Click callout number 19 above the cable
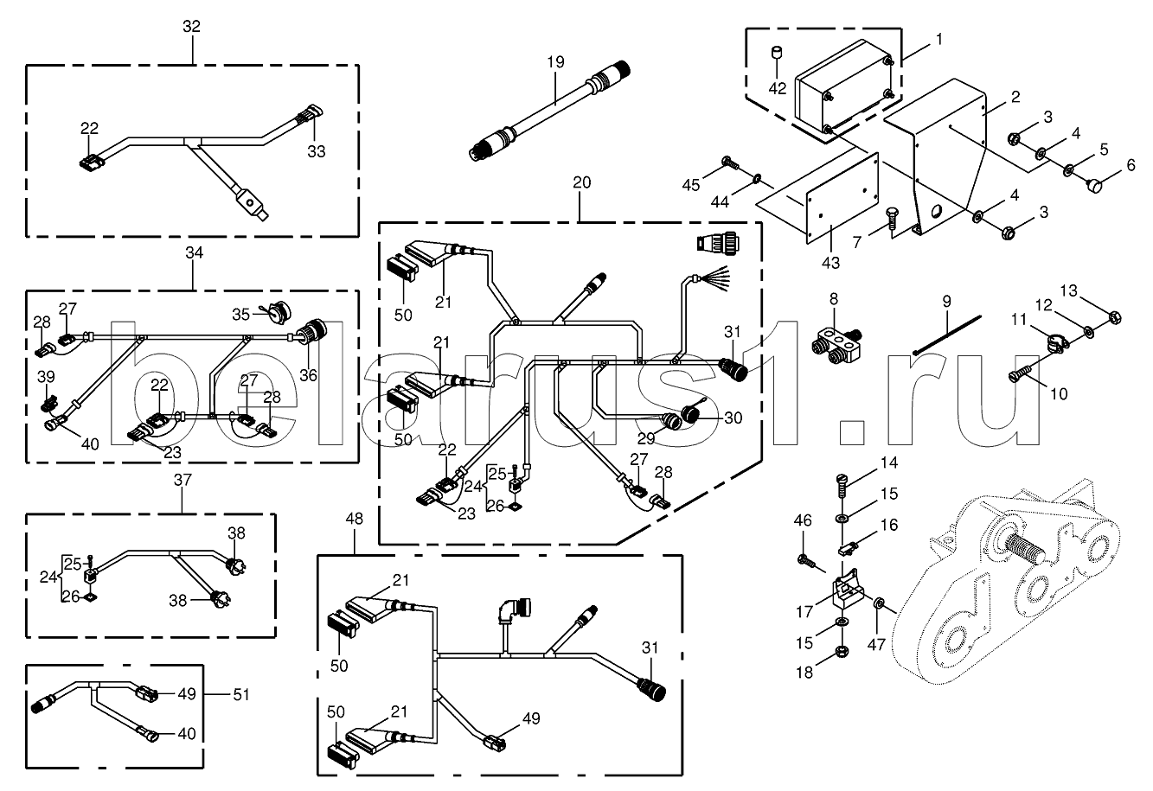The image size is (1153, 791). click(x=554, y=61)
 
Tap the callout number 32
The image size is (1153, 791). click(x=191, y=27)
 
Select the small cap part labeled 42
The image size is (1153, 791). click(x=777, y=55)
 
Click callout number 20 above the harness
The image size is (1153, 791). click(x=581, y=183)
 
